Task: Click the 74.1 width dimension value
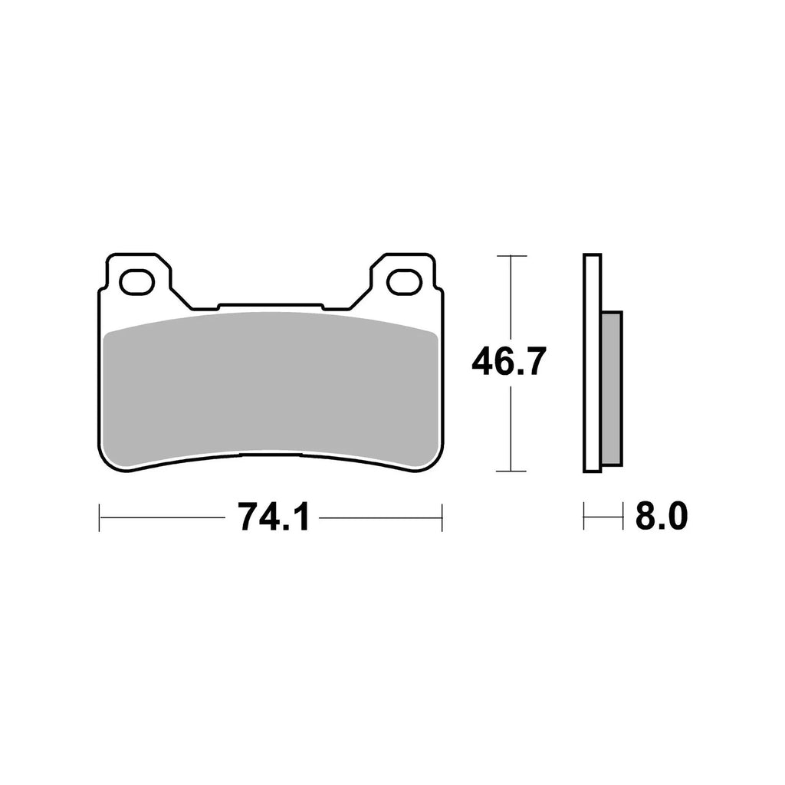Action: coord(273,518)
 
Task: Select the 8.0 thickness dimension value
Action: coord(660,518)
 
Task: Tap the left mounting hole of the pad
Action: coord(136,282)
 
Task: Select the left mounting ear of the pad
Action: coord(138,268)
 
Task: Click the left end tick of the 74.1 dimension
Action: coord(100,517)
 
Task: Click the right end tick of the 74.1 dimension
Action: coord(442,517)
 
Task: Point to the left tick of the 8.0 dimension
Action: coord(584,517)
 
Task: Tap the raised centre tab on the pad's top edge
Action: coord(271,307)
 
